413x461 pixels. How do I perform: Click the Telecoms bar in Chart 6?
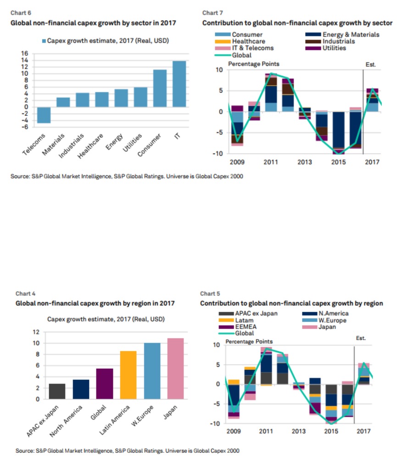pos(44,115)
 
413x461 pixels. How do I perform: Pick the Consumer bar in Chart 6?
pos(159,88)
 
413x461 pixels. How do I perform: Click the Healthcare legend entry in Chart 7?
pos(248,41)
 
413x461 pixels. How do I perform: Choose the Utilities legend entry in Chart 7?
pos(334,48)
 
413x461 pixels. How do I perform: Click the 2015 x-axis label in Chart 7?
pos(338,162)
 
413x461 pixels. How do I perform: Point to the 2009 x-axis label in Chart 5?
pos(234,431)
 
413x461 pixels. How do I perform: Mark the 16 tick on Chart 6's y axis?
pos(25,54)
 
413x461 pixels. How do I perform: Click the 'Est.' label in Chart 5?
pos(361,338)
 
